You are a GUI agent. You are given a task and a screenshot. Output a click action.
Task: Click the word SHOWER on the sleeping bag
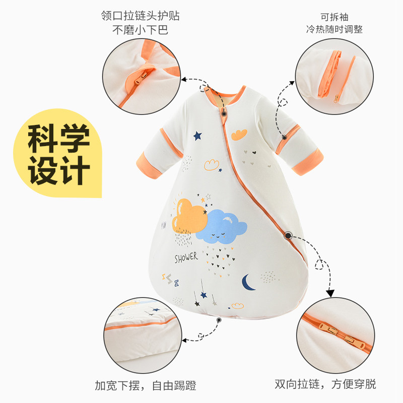(186, 258)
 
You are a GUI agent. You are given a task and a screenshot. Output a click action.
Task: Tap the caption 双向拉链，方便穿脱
(325, 385)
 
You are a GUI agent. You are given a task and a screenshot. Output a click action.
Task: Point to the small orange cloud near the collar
(239, 134)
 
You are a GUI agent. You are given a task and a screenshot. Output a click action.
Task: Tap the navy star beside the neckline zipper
(197, 136)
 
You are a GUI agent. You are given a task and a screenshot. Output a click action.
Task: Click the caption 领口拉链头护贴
(140, 15)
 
